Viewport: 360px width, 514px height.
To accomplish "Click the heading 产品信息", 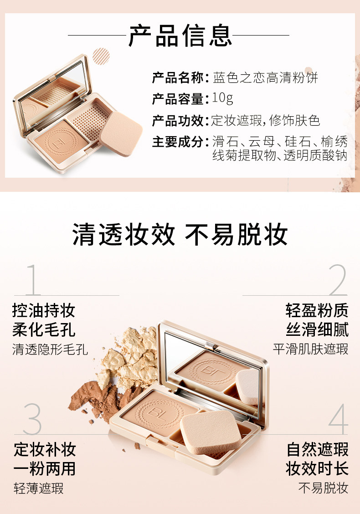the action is [x=180, y=35].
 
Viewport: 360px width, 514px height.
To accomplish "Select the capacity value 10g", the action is [x=222, y=98].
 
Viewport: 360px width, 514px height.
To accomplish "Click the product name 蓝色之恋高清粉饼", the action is [x=265, y=78].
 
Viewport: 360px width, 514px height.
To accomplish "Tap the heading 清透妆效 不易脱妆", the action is [x=180, y=235].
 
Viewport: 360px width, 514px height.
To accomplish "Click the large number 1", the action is [x=33, y=280].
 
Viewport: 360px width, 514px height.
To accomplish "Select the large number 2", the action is [x=338, y=280].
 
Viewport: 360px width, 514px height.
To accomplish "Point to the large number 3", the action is [x=32, y=419].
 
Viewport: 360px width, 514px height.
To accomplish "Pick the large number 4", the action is [x=338, y=419].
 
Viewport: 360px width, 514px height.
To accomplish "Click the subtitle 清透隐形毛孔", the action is [x=50, y=350].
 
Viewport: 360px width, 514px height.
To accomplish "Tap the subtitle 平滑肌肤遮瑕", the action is [x=310, y=350].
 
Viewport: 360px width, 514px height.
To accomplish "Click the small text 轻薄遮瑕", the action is [x=38, y=488].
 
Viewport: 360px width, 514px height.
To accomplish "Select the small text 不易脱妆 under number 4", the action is [x=323, y=488].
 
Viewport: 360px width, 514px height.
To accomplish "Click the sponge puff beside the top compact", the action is [x=122, y=134].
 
